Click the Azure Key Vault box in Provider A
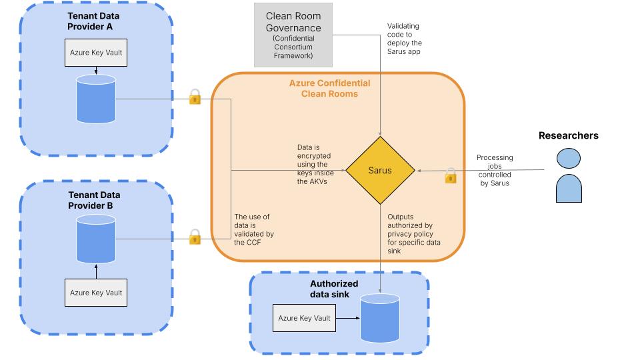(95, 52)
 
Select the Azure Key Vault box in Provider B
(96, 293)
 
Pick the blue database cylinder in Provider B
(96, 237)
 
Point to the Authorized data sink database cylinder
(380, 317)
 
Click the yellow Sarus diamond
(380, 171)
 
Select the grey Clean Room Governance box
(293, 34)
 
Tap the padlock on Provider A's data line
(195, 97)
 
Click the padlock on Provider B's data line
(195, 236)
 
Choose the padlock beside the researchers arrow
(451, 176)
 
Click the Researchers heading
(568, 135)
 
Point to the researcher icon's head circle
(568, 159)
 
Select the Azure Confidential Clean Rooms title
(329, 89)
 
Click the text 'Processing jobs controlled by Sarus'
(494, 171)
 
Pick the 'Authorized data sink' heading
(334, 289)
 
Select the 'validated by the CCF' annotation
(253, 230)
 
